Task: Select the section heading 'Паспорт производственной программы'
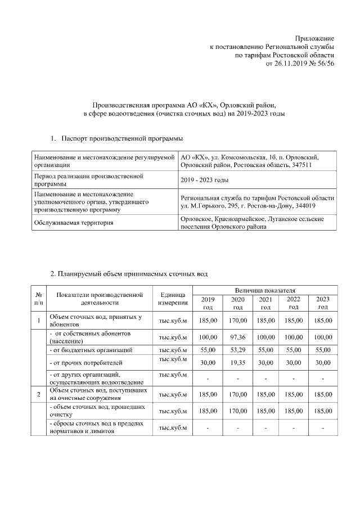pos(121,138)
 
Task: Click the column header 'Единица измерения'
pos(173,299)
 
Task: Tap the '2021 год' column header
pos(265,303)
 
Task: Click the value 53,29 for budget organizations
pos(237,350)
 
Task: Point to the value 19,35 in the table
pos(237,363)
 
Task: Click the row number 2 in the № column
pos(38,394)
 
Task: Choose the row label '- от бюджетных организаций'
pos(92,350)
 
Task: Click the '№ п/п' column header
pos(38,299)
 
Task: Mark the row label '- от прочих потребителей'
pos(86,363)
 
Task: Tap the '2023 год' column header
pos(322,303)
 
